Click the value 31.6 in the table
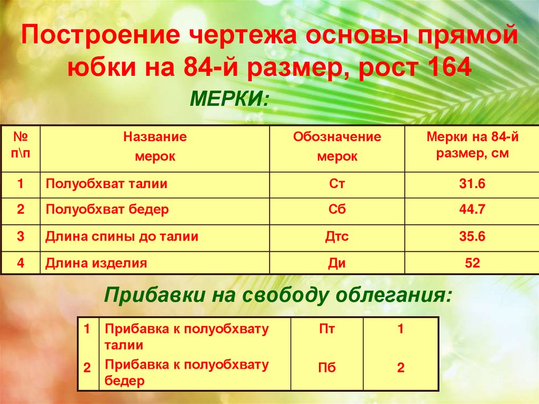point(472,184)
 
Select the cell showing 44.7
point(472,210)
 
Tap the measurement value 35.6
point(472,237)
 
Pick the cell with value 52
point(472,263)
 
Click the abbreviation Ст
point(337,184)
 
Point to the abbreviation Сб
point(337,210)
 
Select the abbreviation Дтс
point(337,237)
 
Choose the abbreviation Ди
point(337,263)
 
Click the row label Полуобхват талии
point(106,184)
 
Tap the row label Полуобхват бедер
point(107,210)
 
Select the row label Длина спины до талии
point(122,237)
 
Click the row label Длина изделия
point(96,263)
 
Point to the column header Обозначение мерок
point(337,146)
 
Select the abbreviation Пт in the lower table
point(327,330)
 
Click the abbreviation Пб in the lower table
point(327,368)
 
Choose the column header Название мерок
point(155,146)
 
